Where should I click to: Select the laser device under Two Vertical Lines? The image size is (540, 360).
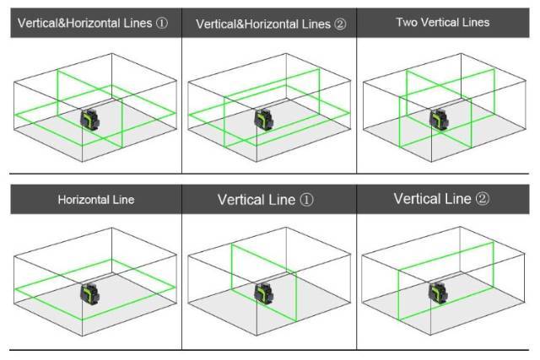pos(439,120)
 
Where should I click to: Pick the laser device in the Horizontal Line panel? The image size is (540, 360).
pos(89,293)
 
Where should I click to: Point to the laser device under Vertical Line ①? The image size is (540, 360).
pos(263,293)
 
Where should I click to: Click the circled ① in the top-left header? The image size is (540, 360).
pos(162,24)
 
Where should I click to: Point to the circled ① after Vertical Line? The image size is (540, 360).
pos(307,201)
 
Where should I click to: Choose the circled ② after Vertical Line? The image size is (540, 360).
pos(483,200)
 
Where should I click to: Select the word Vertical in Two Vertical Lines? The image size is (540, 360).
pos(440,22)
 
